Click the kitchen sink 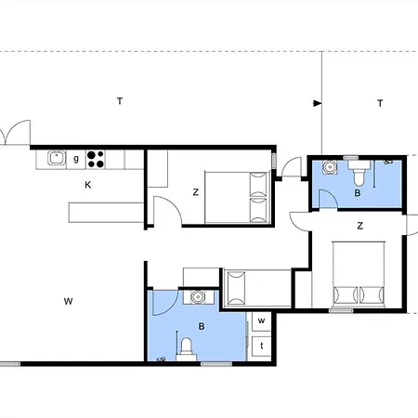pos(57,158)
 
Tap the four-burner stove pos(96,159)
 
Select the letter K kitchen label pos(88,185)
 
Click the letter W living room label pos(68,301)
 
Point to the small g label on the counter pos(76,159)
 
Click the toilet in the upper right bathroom pos(359,173)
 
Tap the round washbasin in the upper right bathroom pos(330,167)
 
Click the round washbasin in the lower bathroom pos(198,297)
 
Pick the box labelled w pos(261,321)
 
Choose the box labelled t pos(262,346)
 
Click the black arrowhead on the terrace pos(318,103)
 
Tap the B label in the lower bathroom pos(202,326)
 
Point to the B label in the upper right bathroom pos(358,193)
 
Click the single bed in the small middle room pos(257,288)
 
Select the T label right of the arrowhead pos(380,103)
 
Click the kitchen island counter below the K pos(106,213)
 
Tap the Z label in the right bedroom pos(359,226)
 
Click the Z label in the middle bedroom pos(195,192)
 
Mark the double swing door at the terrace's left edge pos(16,133)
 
